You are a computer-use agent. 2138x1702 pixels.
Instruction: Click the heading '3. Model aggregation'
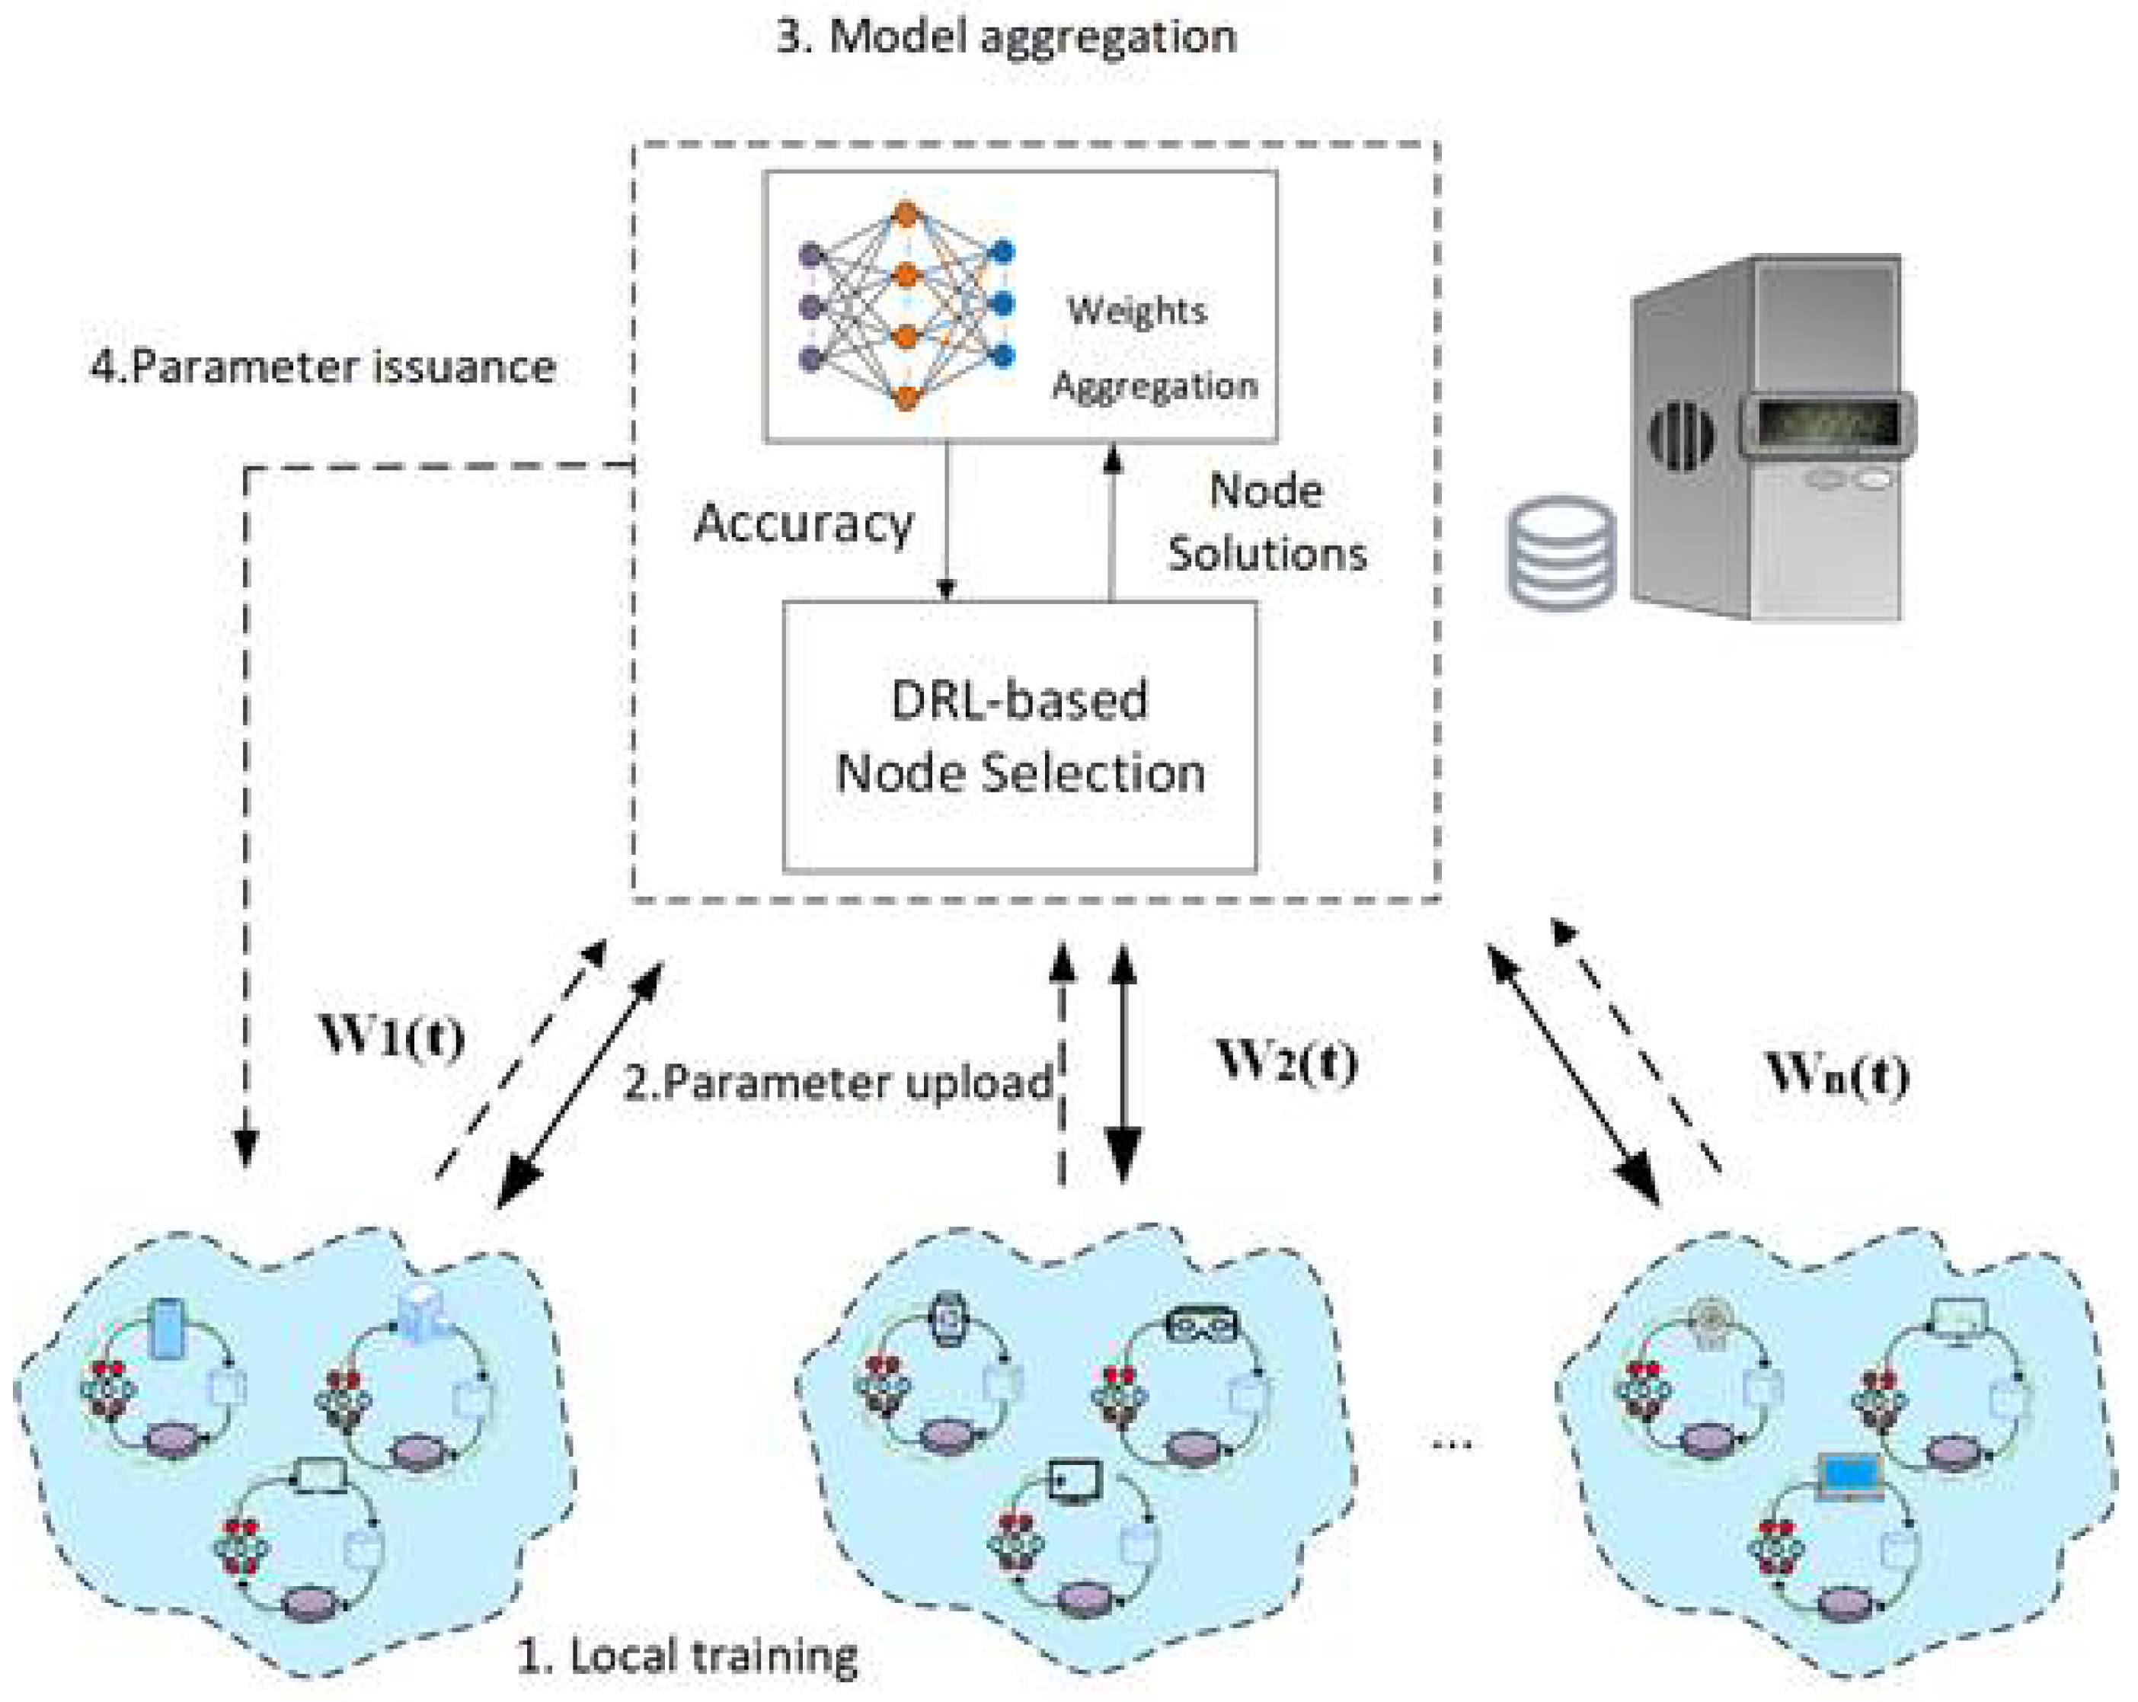point(1005,37)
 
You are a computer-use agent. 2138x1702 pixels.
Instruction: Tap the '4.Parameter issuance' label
point(323,367)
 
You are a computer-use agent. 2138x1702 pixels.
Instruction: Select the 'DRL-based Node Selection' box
point(1019,737)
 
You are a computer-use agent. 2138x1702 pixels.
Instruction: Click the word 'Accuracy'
point(804,523)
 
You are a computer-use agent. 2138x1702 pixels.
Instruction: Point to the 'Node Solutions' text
point(1267,523)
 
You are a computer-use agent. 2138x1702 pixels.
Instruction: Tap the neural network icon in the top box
point(906,306)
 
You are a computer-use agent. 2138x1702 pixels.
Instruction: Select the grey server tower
point(1770,437)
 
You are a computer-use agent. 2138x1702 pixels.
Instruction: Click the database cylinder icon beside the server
point(1560,551)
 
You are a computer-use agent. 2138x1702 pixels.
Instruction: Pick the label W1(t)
point(391,1035)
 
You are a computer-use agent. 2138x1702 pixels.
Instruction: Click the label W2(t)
point(1286,1061)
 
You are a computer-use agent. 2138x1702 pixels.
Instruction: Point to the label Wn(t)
point(1836,1073)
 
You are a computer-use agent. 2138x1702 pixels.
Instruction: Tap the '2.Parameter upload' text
point(838,1082)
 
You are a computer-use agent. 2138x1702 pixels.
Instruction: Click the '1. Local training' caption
point(687,1656)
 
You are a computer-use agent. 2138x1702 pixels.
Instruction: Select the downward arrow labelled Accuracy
point(946,520)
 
